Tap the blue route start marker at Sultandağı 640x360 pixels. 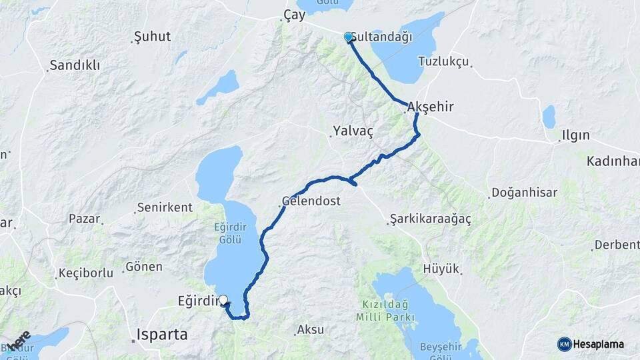pyautogui.click(x=348, y=37)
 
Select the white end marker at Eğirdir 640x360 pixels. pyautogui.click(x=223, y=301)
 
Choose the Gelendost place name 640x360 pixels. pyautogui.click(x=311, y=201)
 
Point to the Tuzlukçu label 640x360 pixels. pyautogui.click(x=443, y=61)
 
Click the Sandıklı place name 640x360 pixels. pyautogui.click(x=75, y=65)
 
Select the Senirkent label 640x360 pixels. pyautogui.click(x=164, y=207)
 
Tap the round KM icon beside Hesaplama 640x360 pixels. pyautogui.click(x=564, y=344)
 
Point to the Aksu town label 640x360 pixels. pyautogui.click(x=310, y=330)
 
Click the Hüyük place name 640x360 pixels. pyautogui.click(x=441, y=269)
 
